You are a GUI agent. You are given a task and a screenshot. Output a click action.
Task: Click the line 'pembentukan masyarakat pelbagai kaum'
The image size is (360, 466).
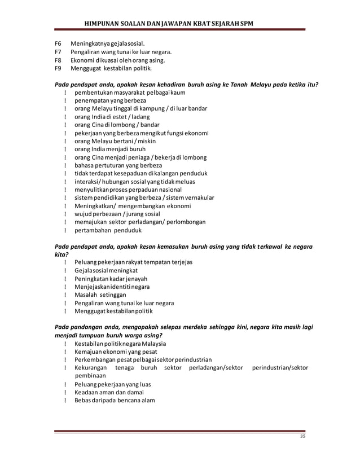pyautogui.click(x=130, y=92)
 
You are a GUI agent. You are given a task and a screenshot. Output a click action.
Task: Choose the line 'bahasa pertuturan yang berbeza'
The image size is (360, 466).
pyautogui.click(x=118, y=165)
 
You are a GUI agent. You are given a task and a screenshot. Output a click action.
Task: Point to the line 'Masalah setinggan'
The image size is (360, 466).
pyautogui.click(x=100, y=294)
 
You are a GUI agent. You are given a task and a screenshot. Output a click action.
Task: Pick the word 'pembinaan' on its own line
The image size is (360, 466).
pyautogui.click(x=91, y=375)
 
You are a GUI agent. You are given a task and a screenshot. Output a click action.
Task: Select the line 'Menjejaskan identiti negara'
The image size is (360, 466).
pyautogui.click(x=112, y=287)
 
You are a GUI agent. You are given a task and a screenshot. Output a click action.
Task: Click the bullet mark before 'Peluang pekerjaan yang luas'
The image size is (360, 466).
pyautogui.click(x=66, y=384)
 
